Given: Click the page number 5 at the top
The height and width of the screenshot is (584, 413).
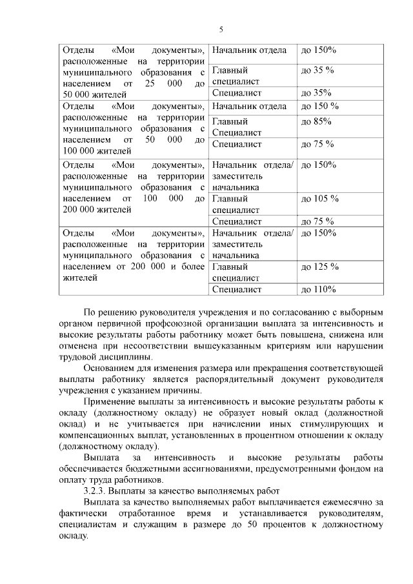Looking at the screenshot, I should click(x=221, y=30).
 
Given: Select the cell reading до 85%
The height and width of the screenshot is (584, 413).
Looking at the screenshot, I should click(x=316, y=121).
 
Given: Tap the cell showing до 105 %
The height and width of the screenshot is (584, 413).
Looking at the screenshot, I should click(x=319, y=198).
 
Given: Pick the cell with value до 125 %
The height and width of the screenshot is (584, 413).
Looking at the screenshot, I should click(x=319, y=267).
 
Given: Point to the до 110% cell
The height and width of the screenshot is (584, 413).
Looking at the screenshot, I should click(x=318, y=289).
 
